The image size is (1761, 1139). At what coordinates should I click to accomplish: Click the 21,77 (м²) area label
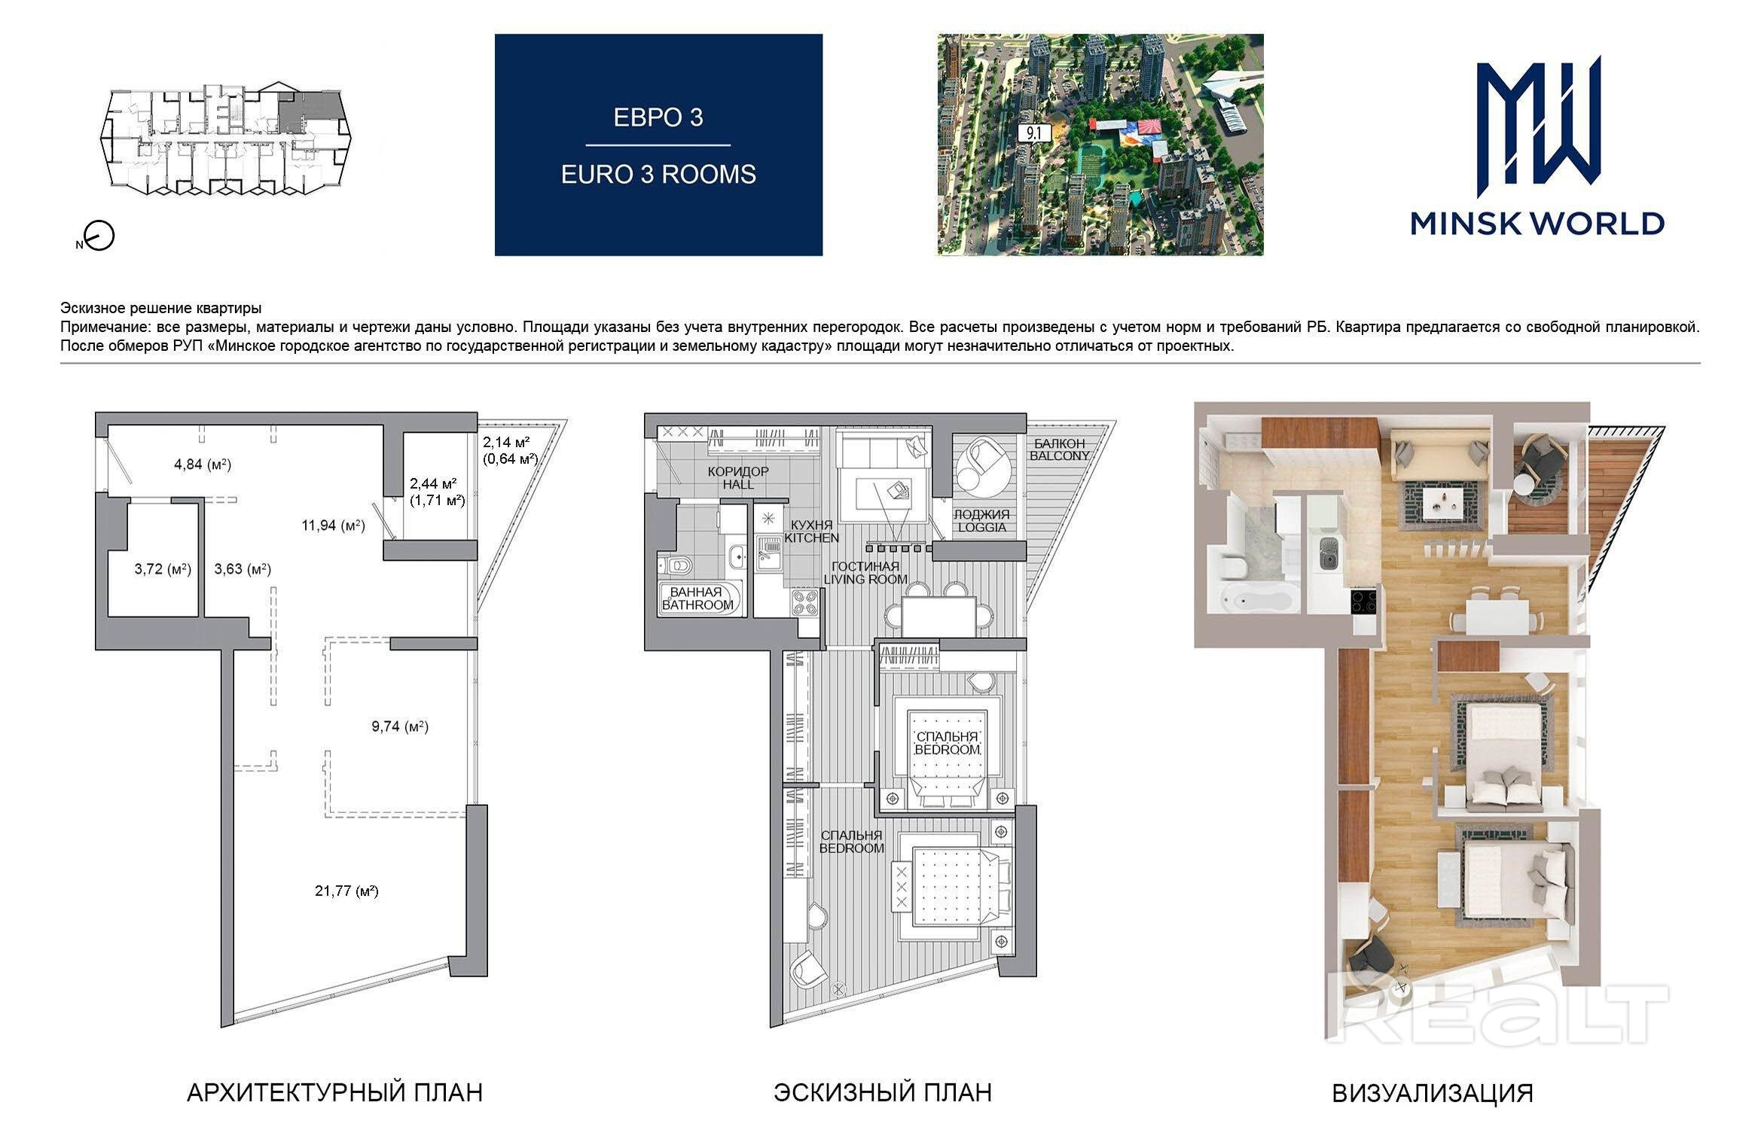click(x=346, y=891)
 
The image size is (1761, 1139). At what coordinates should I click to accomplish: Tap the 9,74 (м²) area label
click(x=400, y=726)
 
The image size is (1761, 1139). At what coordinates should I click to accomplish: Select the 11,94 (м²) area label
click(x=333, y=525)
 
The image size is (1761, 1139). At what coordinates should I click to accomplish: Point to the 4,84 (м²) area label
click(x=203, y=464)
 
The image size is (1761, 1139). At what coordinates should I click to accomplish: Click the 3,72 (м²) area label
click(x=163, y=569)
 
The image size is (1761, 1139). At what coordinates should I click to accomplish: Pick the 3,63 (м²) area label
click(x=243, y=569)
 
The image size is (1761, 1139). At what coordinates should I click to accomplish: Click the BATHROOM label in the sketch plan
click(x=697, y=605)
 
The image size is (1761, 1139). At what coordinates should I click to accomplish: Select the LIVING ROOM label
click(x=865, y=579)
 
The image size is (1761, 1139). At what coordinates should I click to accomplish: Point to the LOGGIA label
click(x=981, y=527)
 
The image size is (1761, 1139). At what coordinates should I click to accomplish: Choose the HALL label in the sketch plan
click(x=738, y=485)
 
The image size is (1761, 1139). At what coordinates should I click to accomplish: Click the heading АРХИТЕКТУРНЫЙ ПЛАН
click(x=334, y=1092)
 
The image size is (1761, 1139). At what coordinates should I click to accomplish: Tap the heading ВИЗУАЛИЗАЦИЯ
click(x=1433, y=1093)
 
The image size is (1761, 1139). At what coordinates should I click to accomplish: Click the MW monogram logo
click(x=1537, y=121)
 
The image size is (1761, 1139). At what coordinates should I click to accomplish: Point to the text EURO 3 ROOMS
click(x=658, y=174)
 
